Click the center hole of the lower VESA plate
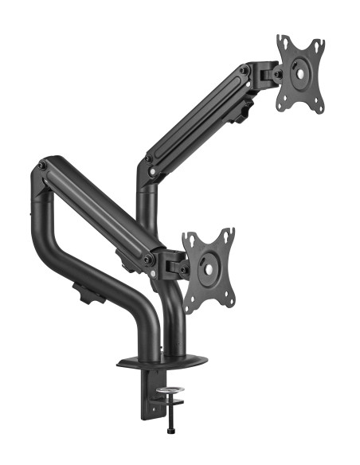tap(209, 269)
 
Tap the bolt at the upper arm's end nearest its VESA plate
tap(245, 72)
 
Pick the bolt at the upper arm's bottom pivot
tap(148, 169)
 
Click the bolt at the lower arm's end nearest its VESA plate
tap(149, 260)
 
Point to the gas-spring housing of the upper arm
tap(196, 119)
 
